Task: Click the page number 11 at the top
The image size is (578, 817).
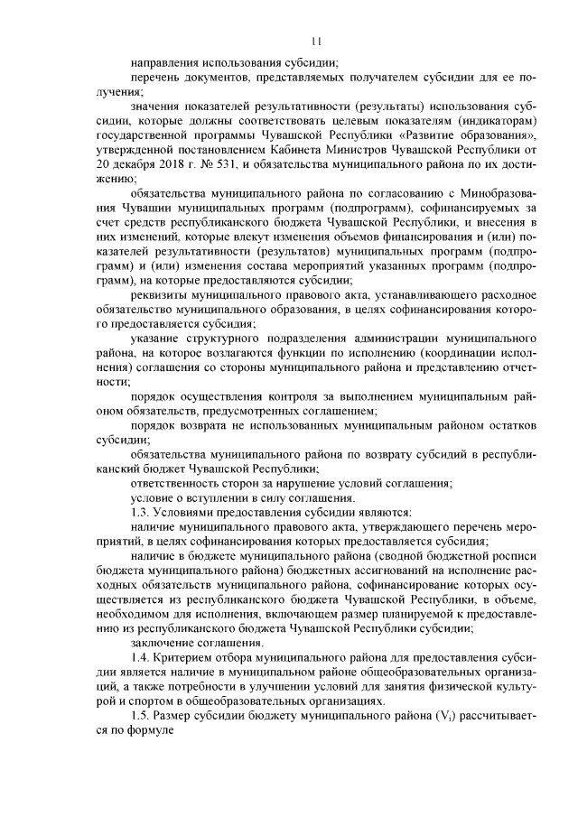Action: click(x=315, y=41)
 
